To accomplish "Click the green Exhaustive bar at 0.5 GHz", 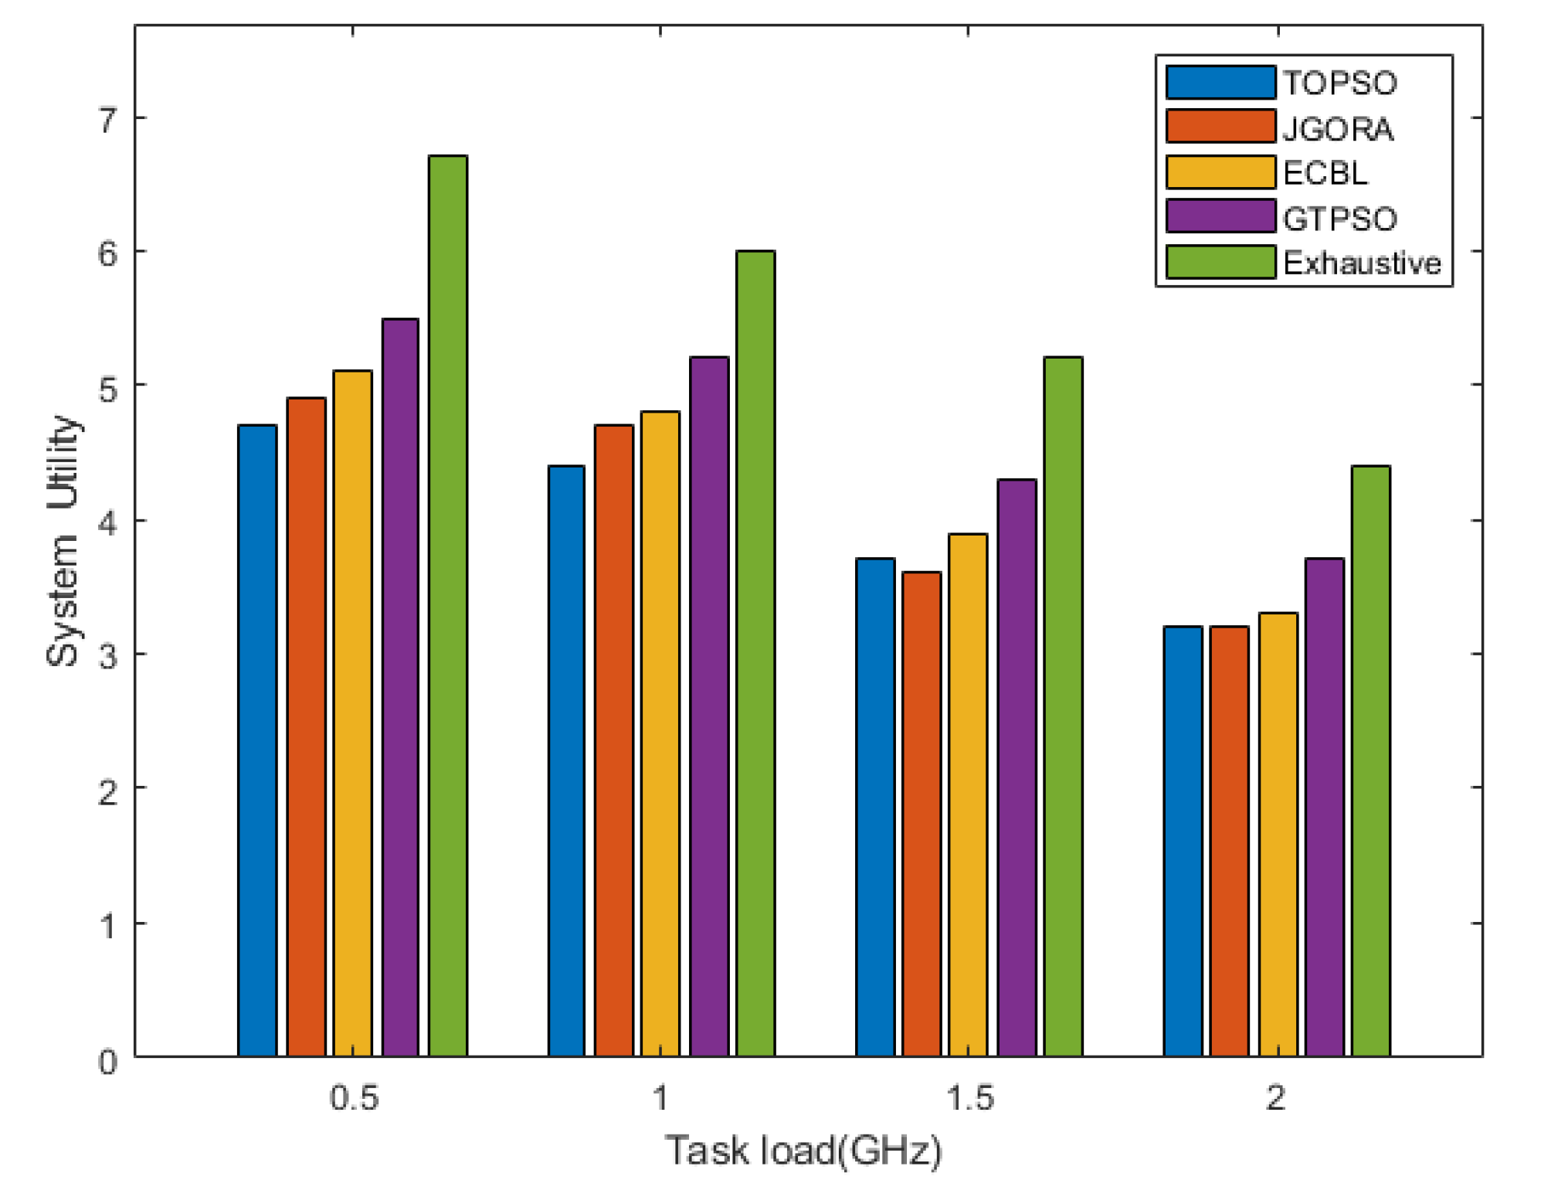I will pyautogui.click(x=448, y=606).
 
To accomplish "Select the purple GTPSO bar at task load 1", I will pyautogui.click(x=709, y=706).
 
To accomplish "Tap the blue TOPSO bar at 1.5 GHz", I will pyautogui.click(x=875, y=807).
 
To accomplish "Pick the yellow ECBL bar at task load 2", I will pyautogui.click(x=1278, y=835).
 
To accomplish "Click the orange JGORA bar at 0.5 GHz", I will pyautogui.click(x=307, y=726).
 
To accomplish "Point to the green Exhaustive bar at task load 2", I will pyautogui.click(x=1371, y=761).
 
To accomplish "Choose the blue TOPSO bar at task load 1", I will pyautogui.click(x=566, y=761).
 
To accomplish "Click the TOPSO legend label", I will pyautogui.click(x=1340, y=83).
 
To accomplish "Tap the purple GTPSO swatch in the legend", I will pyautogui.click(x=1220, y=216).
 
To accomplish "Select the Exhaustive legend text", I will pyautogui.click(x=1362, y=264).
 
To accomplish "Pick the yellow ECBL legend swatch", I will pyautogui.click(x=1220, y=172).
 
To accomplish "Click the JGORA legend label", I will pyautogui.click(x=1338, y=128).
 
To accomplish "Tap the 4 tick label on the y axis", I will pyautogui.click(x=108, y=524).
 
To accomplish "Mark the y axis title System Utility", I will pyautogui.click(x=63, y=541).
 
